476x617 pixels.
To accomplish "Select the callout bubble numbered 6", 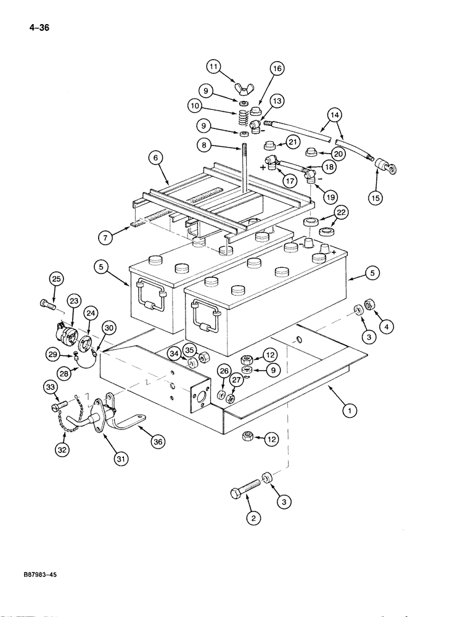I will click(157, 158).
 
